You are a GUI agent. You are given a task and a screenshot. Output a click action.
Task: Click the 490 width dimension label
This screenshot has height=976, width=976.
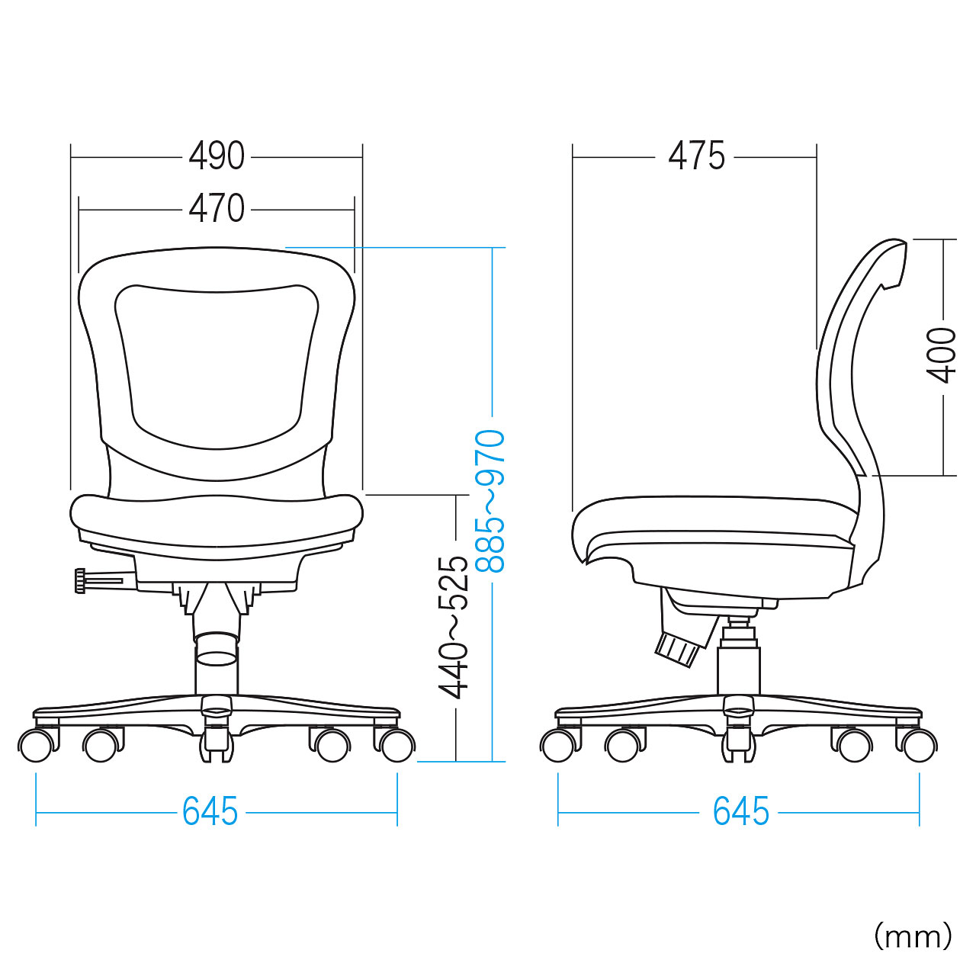pyautogui.click(x=217, y=156)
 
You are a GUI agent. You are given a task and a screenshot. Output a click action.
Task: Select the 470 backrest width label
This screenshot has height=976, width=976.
pyautogui.click(x=217, y=209)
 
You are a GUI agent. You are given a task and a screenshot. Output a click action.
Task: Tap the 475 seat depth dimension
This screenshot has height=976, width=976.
pyautogui.click(x=696, y=156)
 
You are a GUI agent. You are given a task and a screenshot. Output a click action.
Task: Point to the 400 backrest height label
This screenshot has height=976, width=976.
pyautogui.click(x=941, y=355)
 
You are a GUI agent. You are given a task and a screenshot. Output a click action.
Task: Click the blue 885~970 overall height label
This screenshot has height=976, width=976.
pyautogui.click(x=490, y=501)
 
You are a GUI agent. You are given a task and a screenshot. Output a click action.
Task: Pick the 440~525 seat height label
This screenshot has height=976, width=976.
pyautogui.click(x=453, y=628)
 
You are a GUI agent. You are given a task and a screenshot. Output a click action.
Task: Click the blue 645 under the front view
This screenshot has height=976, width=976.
pyautogui.click(x=210, y=811)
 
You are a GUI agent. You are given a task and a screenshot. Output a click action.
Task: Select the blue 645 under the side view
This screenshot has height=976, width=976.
pyautogui.click(x=740, y=811)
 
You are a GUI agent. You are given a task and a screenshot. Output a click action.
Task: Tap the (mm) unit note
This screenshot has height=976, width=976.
pyautogui.click(x=913, y=938)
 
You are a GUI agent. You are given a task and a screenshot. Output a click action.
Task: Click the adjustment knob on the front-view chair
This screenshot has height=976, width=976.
pyautogui.click(x=81, y=581)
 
